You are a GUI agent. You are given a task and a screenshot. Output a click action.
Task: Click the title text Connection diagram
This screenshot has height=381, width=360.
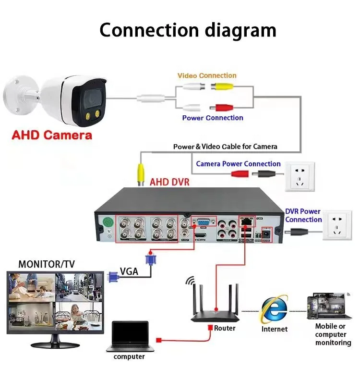tap(187, 30)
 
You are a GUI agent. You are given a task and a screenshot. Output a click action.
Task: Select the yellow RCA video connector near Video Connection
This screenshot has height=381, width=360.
tap(223, 87)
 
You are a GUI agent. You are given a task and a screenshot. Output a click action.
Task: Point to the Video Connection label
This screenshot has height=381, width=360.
tap(207, 75)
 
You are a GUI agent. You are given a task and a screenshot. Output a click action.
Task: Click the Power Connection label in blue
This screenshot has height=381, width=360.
tap(213, 118)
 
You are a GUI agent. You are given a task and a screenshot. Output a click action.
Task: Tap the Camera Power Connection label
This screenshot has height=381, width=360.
tap(238, 164)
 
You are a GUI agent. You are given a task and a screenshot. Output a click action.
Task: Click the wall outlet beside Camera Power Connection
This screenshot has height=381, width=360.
tap(300, 176)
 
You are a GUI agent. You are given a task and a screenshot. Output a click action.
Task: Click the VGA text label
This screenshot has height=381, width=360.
tap(129, 271)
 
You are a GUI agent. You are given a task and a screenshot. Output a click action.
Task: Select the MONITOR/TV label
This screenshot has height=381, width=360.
tap(46, 264)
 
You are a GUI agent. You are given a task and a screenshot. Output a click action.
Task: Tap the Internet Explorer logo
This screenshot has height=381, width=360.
tap(275, 309)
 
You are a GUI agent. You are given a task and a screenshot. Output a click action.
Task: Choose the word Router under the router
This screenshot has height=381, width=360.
tap(225, 328)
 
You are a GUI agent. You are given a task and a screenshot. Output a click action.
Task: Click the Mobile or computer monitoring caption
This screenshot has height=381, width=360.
tap(333, 334)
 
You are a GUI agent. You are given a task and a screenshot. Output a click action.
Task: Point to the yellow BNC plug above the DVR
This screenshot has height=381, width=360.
tap(141, 174)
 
